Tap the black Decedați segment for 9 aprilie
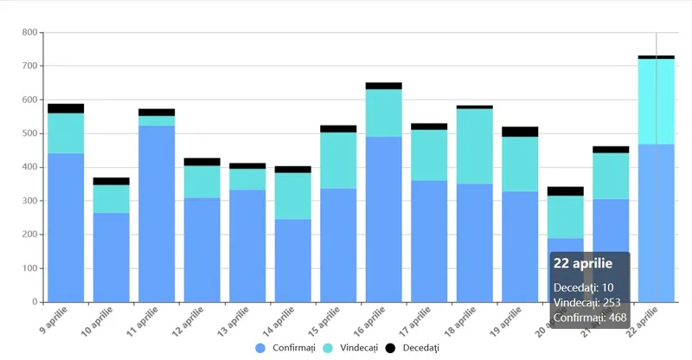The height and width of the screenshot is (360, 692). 66,108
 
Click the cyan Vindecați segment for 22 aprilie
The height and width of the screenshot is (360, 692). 657,101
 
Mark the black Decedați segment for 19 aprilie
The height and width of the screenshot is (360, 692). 520,132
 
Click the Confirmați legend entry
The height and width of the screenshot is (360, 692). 286,347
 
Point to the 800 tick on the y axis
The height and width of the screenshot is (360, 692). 29,33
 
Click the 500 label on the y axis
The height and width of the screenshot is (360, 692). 29,134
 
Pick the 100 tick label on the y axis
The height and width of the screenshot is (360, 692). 29,269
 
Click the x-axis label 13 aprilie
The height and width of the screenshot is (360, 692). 234,318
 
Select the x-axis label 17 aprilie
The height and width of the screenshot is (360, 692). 416,318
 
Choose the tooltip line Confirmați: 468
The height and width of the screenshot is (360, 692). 590,318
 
